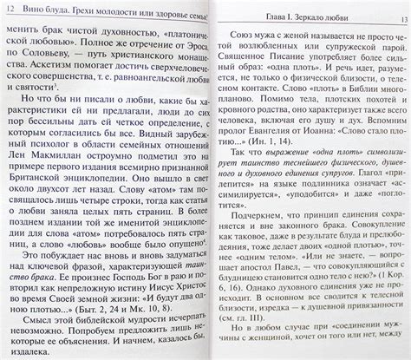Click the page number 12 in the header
click(10, 8)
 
